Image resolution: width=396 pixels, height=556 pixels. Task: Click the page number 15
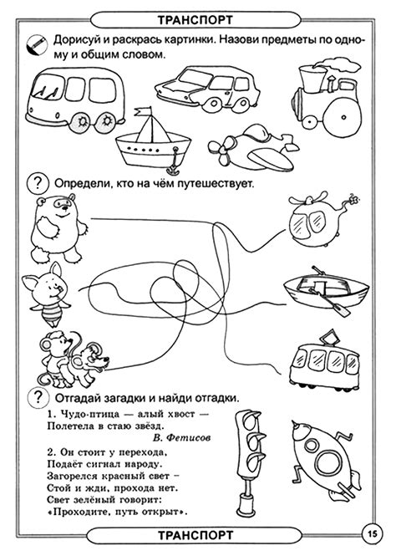point(374,533)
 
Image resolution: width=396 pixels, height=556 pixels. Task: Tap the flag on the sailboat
point(143,111)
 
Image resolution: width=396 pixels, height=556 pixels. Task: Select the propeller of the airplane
point(221,150)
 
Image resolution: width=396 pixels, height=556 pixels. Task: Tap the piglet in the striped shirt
point(46,294)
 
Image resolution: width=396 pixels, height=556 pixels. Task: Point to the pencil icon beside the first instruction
point(37,44)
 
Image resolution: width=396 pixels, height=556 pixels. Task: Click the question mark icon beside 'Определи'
point(38,183)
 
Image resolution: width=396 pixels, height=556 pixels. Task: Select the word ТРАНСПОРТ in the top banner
point(195,20)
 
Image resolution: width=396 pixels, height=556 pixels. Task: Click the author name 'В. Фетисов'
point(182,437)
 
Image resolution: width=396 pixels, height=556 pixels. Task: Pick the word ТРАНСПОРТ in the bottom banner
point(195,535)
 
